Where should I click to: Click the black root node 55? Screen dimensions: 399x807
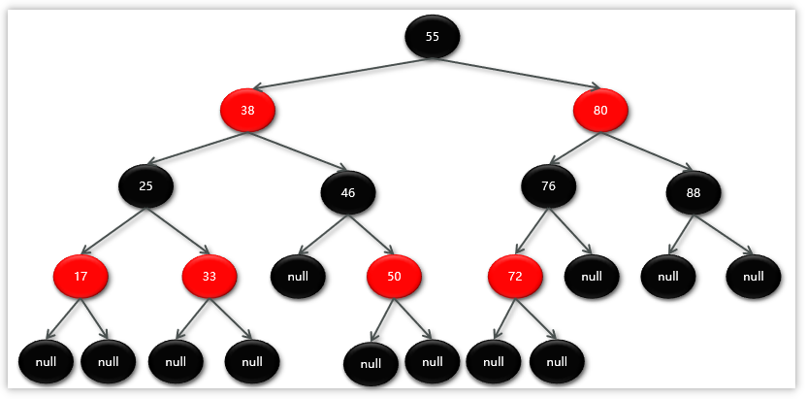click(432, 37)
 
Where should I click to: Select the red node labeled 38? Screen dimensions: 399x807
click(247, 111)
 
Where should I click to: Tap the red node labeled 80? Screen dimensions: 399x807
click(600, 111)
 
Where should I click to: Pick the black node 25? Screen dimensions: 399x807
click(146, 185)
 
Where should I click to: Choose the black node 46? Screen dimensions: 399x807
click(348, 192)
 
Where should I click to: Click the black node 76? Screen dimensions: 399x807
click(548, 186)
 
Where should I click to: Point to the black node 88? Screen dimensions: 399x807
click(694, 192)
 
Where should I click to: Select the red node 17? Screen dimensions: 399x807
click(81, 276)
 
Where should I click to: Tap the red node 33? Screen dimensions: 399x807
click(210, 276)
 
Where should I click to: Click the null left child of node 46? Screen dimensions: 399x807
click(299, 277)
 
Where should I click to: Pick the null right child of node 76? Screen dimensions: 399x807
click(592, 276)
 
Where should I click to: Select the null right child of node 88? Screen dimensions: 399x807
click(753, 276)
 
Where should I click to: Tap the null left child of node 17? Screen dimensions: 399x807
click(46, 362)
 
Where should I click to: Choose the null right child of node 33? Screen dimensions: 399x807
click(252, 362)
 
